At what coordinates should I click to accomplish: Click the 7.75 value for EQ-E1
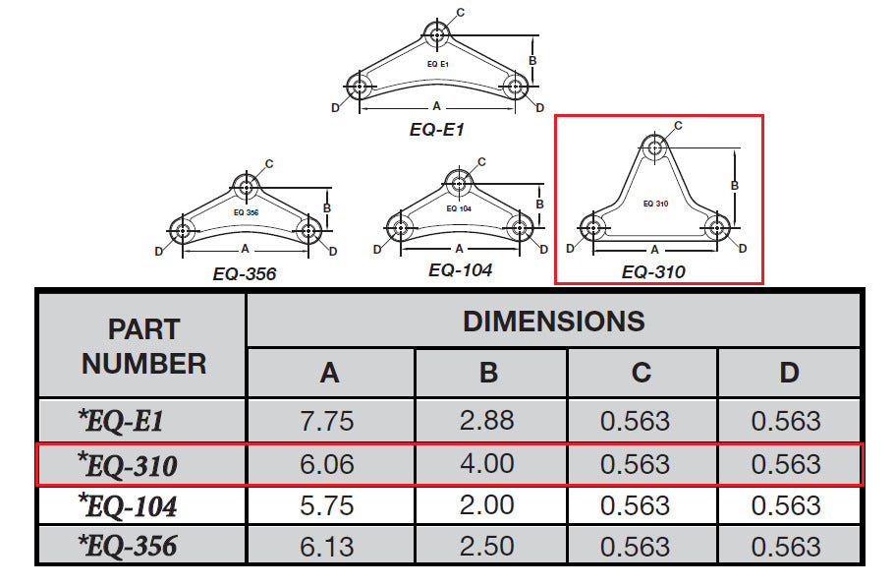[x=327, y=421]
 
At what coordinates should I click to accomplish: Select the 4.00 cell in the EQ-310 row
[x=487, y=463]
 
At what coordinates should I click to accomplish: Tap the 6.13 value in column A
[x=327, y=547]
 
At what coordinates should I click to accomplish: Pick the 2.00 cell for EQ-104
[x=487, y=504]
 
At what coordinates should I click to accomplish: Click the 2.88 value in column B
[x=487, y=421]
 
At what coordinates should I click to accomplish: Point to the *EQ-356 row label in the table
[x=128, y=546]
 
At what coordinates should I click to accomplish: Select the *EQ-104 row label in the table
[x=128, y=504]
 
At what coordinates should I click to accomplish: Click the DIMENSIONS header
[x=554, y=322]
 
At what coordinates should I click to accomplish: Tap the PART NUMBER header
[x=143, y=347]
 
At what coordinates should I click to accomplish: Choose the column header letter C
[x=642, y=373]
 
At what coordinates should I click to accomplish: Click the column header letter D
[x=789, y=373]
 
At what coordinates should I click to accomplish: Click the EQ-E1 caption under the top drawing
[x=437, y=130]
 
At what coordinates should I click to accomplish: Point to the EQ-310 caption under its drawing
[x=653, y=272]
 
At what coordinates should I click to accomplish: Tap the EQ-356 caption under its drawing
[x=245, y=274]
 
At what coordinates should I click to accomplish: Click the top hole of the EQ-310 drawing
[x=654, y=147]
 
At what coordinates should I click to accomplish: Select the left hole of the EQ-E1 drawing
[x=360, y=88]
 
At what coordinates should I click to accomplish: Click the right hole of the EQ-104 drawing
[x=520, y=228]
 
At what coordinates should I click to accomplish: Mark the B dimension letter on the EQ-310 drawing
[x=735, y=186]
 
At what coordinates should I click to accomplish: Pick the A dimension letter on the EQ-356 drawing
[x=246, y=249]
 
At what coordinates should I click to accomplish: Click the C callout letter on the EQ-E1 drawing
[x=461, y=13]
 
